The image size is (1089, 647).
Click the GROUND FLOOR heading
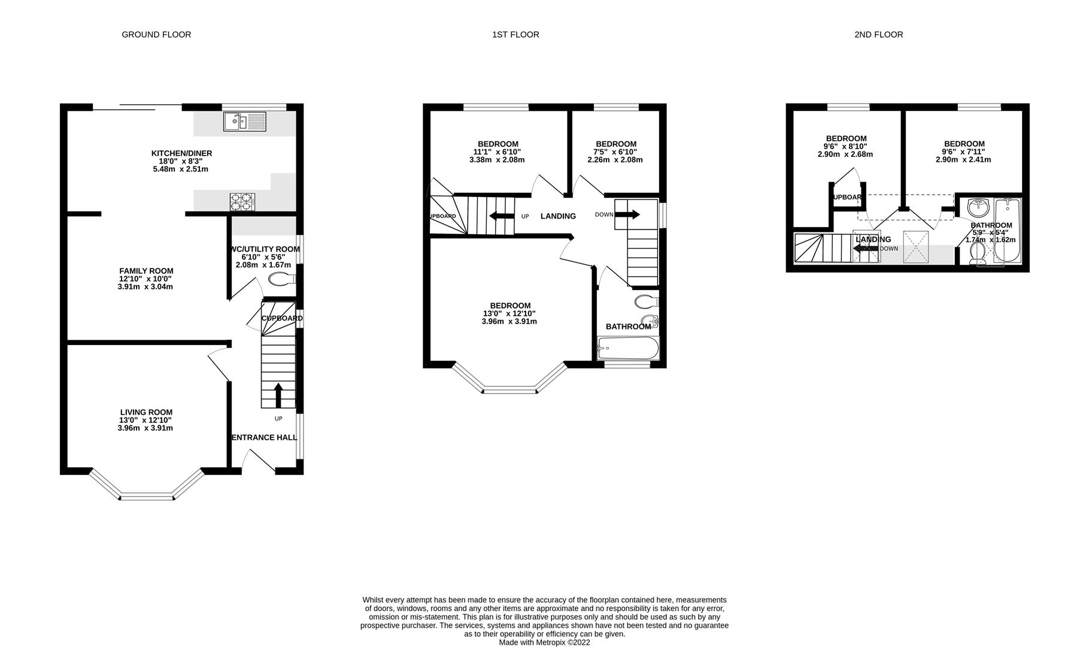tap(156, 35)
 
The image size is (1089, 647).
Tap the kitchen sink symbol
tap(244, 122)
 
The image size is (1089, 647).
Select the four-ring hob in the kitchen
tap(242, 202)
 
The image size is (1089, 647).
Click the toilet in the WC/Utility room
tap(281, 279)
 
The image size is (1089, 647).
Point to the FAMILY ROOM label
tap(146, 271)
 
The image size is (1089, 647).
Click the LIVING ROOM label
tap(146, 412)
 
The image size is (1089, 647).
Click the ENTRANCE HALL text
tap(264, 438)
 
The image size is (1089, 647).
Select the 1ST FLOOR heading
tap(515, 35)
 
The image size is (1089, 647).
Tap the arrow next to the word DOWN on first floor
tap(627, 214)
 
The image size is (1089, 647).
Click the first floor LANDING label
tap(558, 216)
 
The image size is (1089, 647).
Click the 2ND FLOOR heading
tap(878, 35)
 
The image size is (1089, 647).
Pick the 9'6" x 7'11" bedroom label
tap(964, 144)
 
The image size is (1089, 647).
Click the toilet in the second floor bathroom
tap(977, 252)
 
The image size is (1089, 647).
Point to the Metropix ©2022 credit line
tap(544, 642)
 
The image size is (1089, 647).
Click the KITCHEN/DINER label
tap(181, 153)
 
